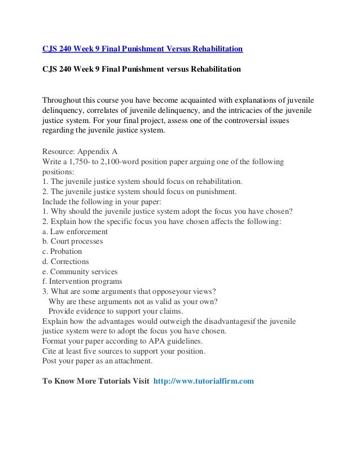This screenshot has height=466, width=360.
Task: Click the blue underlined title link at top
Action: point(143,49)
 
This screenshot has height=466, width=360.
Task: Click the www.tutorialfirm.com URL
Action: point(204,381)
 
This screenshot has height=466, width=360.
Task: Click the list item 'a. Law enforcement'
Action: point(75,231)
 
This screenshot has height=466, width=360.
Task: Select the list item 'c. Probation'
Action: point(63,252)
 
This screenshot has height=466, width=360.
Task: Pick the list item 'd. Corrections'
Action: point(66,262)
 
